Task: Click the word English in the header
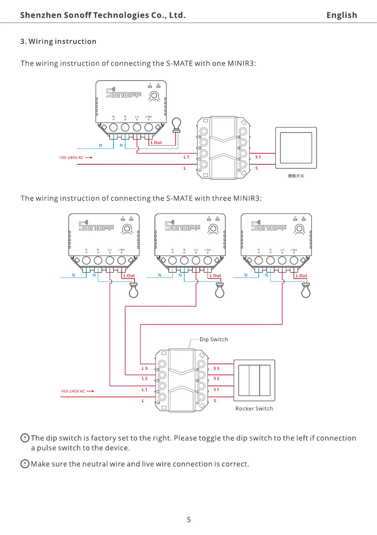pyautogui.click(x=341, y=15)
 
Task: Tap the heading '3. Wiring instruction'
pyautogui.click(x=58, y=41)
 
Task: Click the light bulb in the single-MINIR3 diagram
pyautogui.click(x=176, y=125)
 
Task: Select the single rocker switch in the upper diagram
pyautogui.click(x=296, y=148)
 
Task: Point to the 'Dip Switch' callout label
pyautogui.click(x=214, y=339)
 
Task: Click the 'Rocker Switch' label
pyautogui.click(x=254, y=409)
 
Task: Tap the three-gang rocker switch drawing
pyautogui.click(x=254, y=380)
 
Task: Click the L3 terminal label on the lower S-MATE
pyautogui.click(x=144, y=368)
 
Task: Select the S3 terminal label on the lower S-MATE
pyautogui.click(x=217, y=368)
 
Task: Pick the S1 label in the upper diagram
pyautogui.click(x=258, y=157)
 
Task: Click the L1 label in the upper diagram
pyautogui.click(x=186, y=157)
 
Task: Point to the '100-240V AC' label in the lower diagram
pyautogui.click(x=73, y=391)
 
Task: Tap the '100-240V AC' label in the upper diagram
pyautogui.click(x=71, y=157)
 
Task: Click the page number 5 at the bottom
pyautogui.click(x=189, y=520)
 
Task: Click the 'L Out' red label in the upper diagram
pyautogui.click(x=156, y=143)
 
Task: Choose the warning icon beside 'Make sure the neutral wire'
pyautogui.click(x=25, y=464)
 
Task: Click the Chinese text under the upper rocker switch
pyautogui.click(x=296, y=176)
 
